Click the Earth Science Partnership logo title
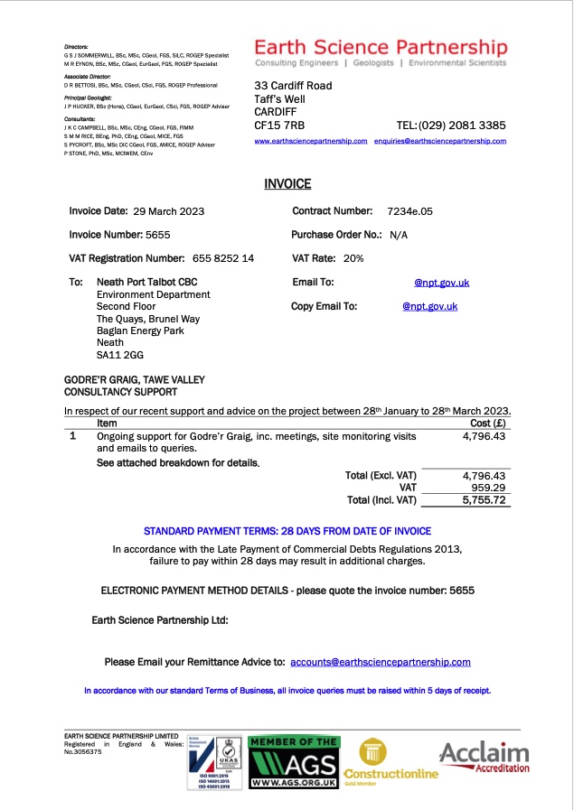(x=381, y=47)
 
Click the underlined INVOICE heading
(x=287, y=184)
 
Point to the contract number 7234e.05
(x=410, y=211)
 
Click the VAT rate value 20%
(x=353, y=258)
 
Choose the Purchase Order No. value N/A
(x=399, y=235)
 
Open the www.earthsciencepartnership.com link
(x=311, y=142)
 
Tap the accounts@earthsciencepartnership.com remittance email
(x=381, y=662)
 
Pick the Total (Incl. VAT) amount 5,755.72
(x=484, y=500)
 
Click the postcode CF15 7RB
(x=279, y=126)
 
